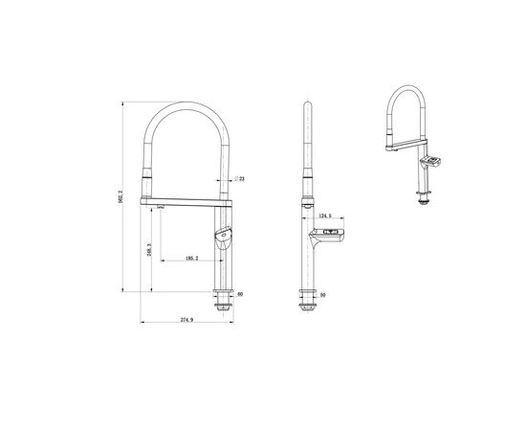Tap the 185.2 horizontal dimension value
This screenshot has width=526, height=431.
coord(192,258)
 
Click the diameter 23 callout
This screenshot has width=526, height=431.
coord(240,179)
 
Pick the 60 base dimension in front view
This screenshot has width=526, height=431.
coord(239,294)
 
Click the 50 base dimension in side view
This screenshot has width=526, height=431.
coord(322,294)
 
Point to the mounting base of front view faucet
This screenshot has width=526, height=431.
coord(224,300)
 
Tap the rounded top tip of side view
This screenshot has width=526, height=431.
coord(307,102)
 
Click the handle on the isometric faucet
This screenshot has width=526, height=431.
coord(433,160)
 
